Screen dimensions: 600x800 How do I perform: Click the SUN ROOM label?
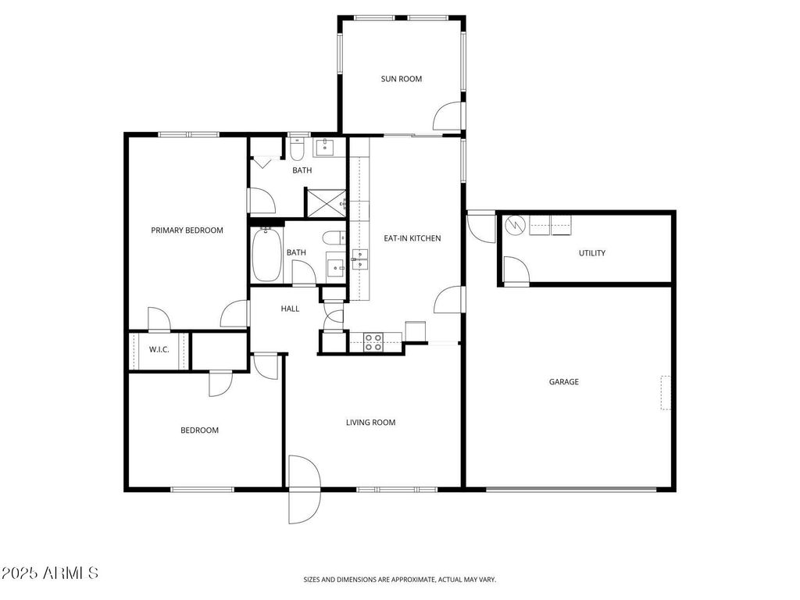tap(401, 79)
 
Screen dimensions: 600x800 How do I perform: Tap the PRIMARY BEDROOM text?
tap(187, 230)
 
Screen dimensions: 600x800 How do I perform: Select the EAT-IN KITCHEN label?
tap(412, 238)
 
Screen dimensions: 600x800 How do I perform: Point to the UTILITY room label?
tap(591, 253)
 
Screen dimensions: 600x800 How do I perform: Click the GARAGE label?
tap(563, 382)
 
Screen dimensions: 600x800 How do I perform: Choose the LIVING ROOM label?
tap(370, 423)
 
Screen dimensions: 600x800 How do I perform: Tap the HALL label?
tap(290, 309)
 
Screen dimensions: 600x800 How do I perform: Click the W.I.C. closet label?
tap(159, 349)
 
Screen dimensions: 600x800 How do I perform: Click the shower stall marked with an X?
tap(325, 202)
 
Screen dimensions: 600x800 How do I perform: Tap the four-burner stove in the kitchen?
tap(373, 341)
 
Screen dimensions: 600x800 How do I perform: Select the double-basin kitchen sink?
tap(360, 259)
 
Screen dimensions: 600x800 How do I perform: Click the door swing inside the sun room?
tap(446, 117)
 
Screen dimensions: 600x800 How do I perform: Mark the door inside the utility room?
tap(515, 270)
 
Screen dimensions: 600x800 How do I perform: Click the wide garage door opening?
tap(571, 490)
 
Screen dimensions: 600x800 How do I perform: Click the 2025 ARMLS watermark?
tap(51, 573)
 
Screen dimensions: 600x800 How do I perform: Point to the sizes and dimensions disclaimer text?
tap(399, 580)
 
